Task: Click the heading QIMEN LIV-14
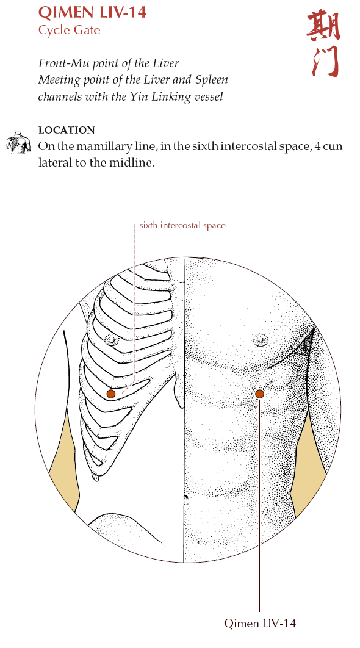coord(92,12)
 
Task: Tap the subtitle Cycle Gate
coord(69,30)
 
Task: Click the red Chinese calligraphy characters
coord(324,44)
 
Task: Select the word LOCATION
coord(67,130)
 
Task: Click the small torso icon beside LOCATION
coord(18,143)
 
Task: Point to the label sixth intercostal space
coord(182,225)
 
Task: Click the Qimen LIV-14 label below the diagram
coord(260,623)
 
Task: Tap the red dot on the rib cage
coord(111,394)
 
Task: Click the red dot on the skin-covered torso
coord(259,394)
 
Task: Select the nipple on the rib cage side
coord(112,340)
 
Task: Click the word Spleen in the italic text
coord(214,80)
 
